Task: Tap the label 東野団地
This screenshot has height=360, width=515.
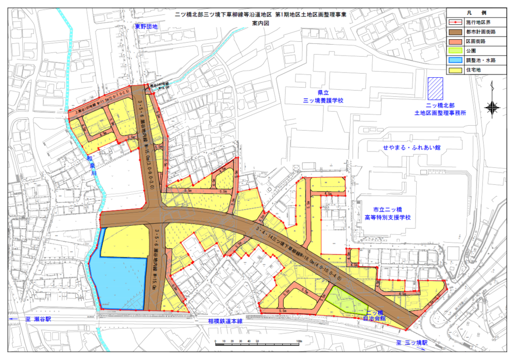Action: tap(146, 26)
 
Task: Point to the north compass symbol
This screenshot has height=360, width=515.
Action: tap(493, 107)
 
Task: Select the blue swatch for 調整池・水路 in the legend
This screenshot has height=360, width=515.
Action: tap(455, 60)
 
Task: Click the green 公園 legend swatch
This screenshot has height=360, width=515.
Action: tap(455, 51)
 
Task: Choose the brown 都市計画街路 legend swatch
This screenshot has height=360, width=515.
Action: tap(455, 32)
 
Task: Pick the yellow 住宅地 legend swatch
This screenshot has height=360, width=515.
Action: tap(455, 70)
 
